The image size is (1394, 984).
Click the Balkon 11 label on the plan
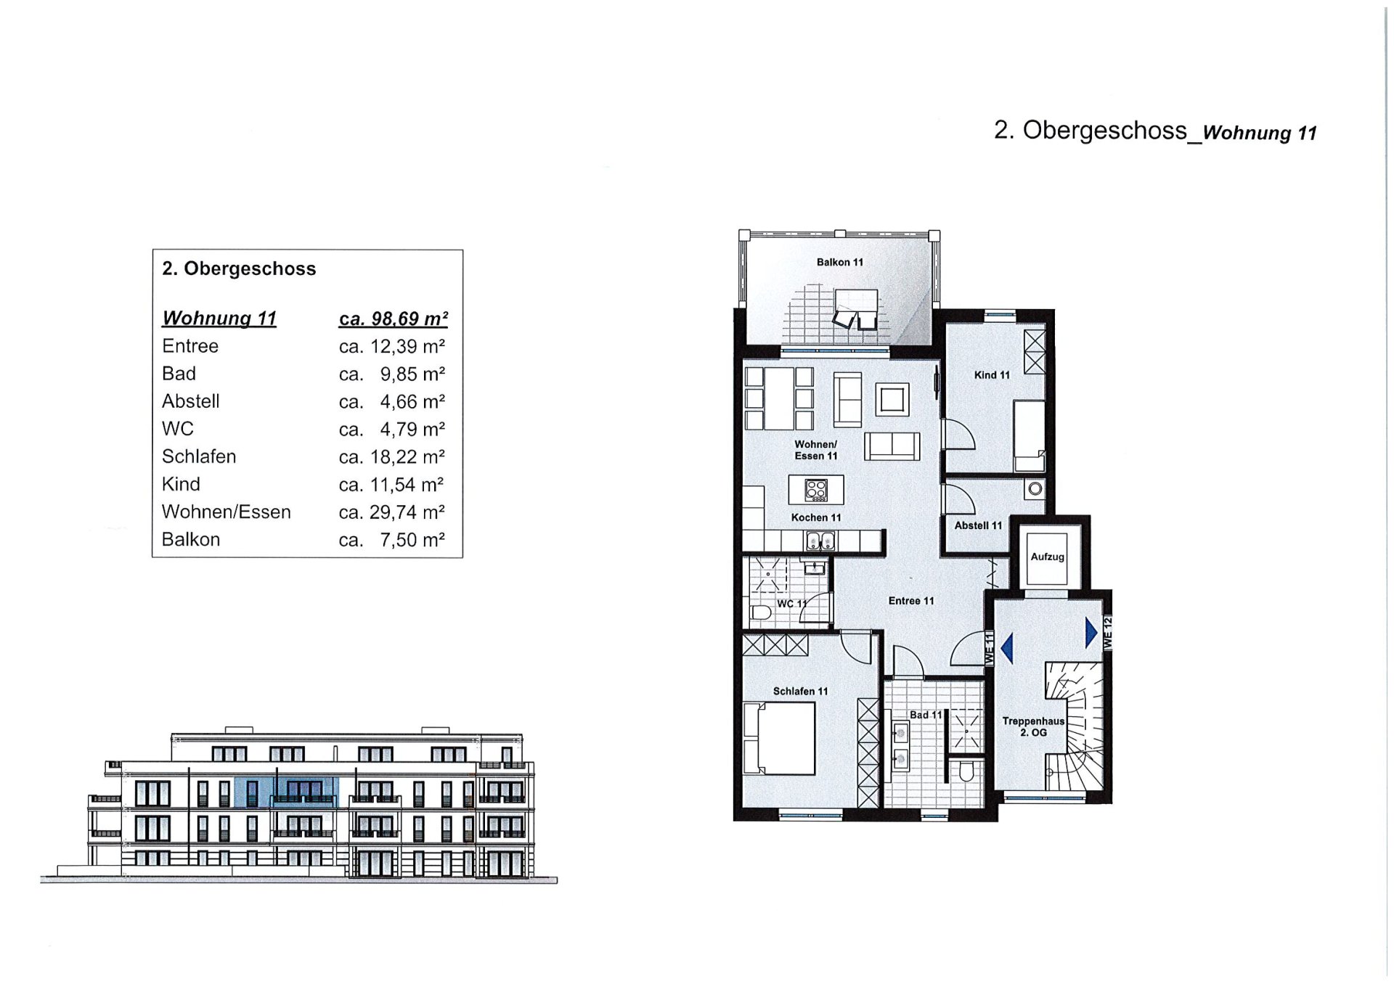pos(839,262)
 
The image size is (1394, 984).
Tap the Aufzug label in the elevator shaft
pos(1047,557)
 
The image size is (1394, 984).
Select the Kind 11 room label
pos(992,375)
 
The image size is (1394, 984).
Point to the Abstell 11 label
pos(977,525)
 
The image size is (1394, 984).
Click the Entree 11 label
pos(910,601)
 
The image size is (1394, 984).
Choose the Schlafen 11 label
pos(800,692)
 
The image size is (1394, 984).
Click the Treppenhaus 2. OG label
pos(1032,726)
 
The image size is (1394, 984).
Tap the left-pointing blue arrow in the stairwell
pos(1007,648)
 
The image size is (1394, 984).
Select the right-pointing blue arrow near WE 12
pos(1091,633)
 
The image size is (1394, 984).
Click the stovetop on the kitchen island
pos(816,491)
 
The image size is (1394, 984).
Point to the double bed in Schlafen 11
pos(780,738)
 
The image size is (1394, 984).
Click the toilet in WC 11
pos(761,613)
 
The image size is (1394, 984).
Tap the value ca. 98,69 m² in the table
pos(393,319)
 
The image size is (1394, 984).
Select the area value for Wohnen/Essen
pos(391,512)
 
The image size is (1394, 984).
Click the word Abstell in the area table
pos(190,401)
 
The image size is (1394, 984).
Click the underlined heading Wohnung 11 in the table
pos(219,319)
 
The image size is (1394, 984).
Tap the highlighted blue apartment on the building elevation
pos(286,792)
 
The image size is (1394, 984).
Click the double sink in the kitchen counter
pos(820,541)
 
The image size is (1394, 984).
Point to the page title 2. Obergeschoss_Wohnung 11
pos(1154,131)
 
